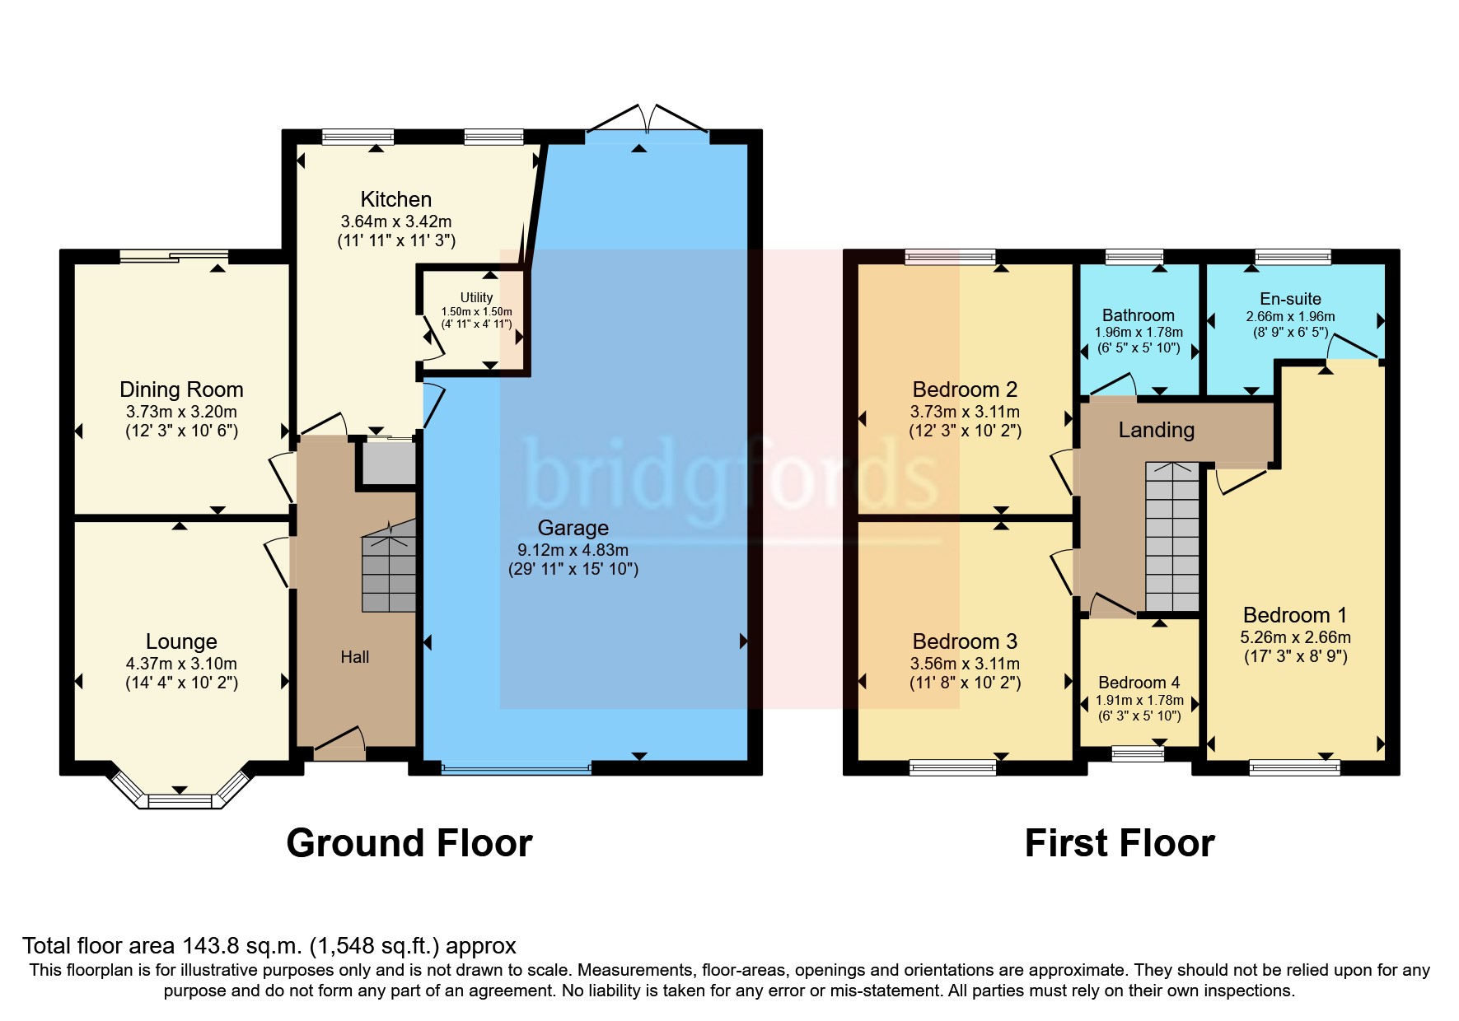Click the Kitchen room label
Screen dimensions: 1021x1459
click(395, 199)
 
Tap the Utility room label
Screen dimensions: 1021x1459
click(476, 297)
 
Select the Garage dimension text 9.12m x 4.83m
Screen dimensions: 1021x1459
click(573, 550)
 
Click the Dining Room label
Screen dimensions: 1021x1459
click(181, 389)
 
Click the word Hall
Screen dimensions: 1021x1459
click(355, 657)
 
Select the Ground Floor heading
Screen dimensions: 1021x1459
click(409, 843)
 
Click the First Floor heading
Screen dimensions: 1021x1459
click(1120, 843)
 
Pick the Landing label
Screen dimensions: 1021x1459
click(1156, 430)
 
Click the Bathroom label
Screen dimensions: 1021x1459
click(1138, 315)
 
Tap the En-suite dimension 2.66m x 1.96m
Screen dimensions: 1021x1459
click(1290, 317)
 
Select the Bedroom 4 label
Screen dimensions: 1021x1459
click(1139, 683)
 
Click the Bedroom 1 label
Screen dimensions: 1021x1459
click(1294, 615)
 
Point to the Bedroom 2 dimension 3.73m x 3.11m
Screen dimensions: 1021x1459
click(965, 412)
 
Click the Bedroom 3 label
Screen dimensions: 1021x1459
click(965, 641)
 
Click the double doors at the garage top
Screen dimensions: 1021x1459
click(647, 121)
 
